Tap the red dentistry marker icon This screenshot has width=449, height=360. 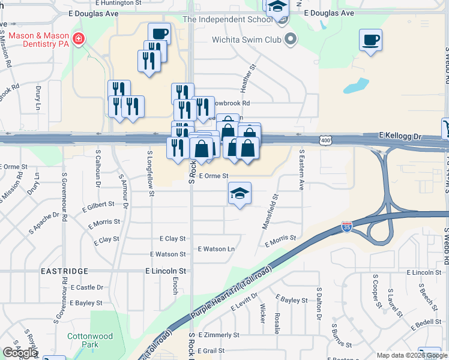(78, 40)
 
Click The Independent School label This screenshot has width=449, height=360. (227, 19)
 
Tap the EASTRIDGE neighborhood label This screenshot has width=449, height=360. (65, 271)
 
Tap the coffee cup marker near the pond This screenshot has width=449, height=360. (370, 40)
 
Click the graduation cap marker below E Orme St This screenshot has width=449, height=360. (240, 193)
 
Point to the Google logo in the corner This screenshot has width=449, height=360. (20, 353)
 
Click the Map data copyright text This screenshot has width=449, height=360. (412, 355)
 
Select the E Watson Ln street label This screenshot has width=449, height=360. (216, 249)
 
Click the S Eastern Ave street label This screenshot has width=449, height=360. (301, 170)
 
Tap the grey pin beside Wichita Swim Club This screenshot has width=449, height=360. (292, 40)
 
